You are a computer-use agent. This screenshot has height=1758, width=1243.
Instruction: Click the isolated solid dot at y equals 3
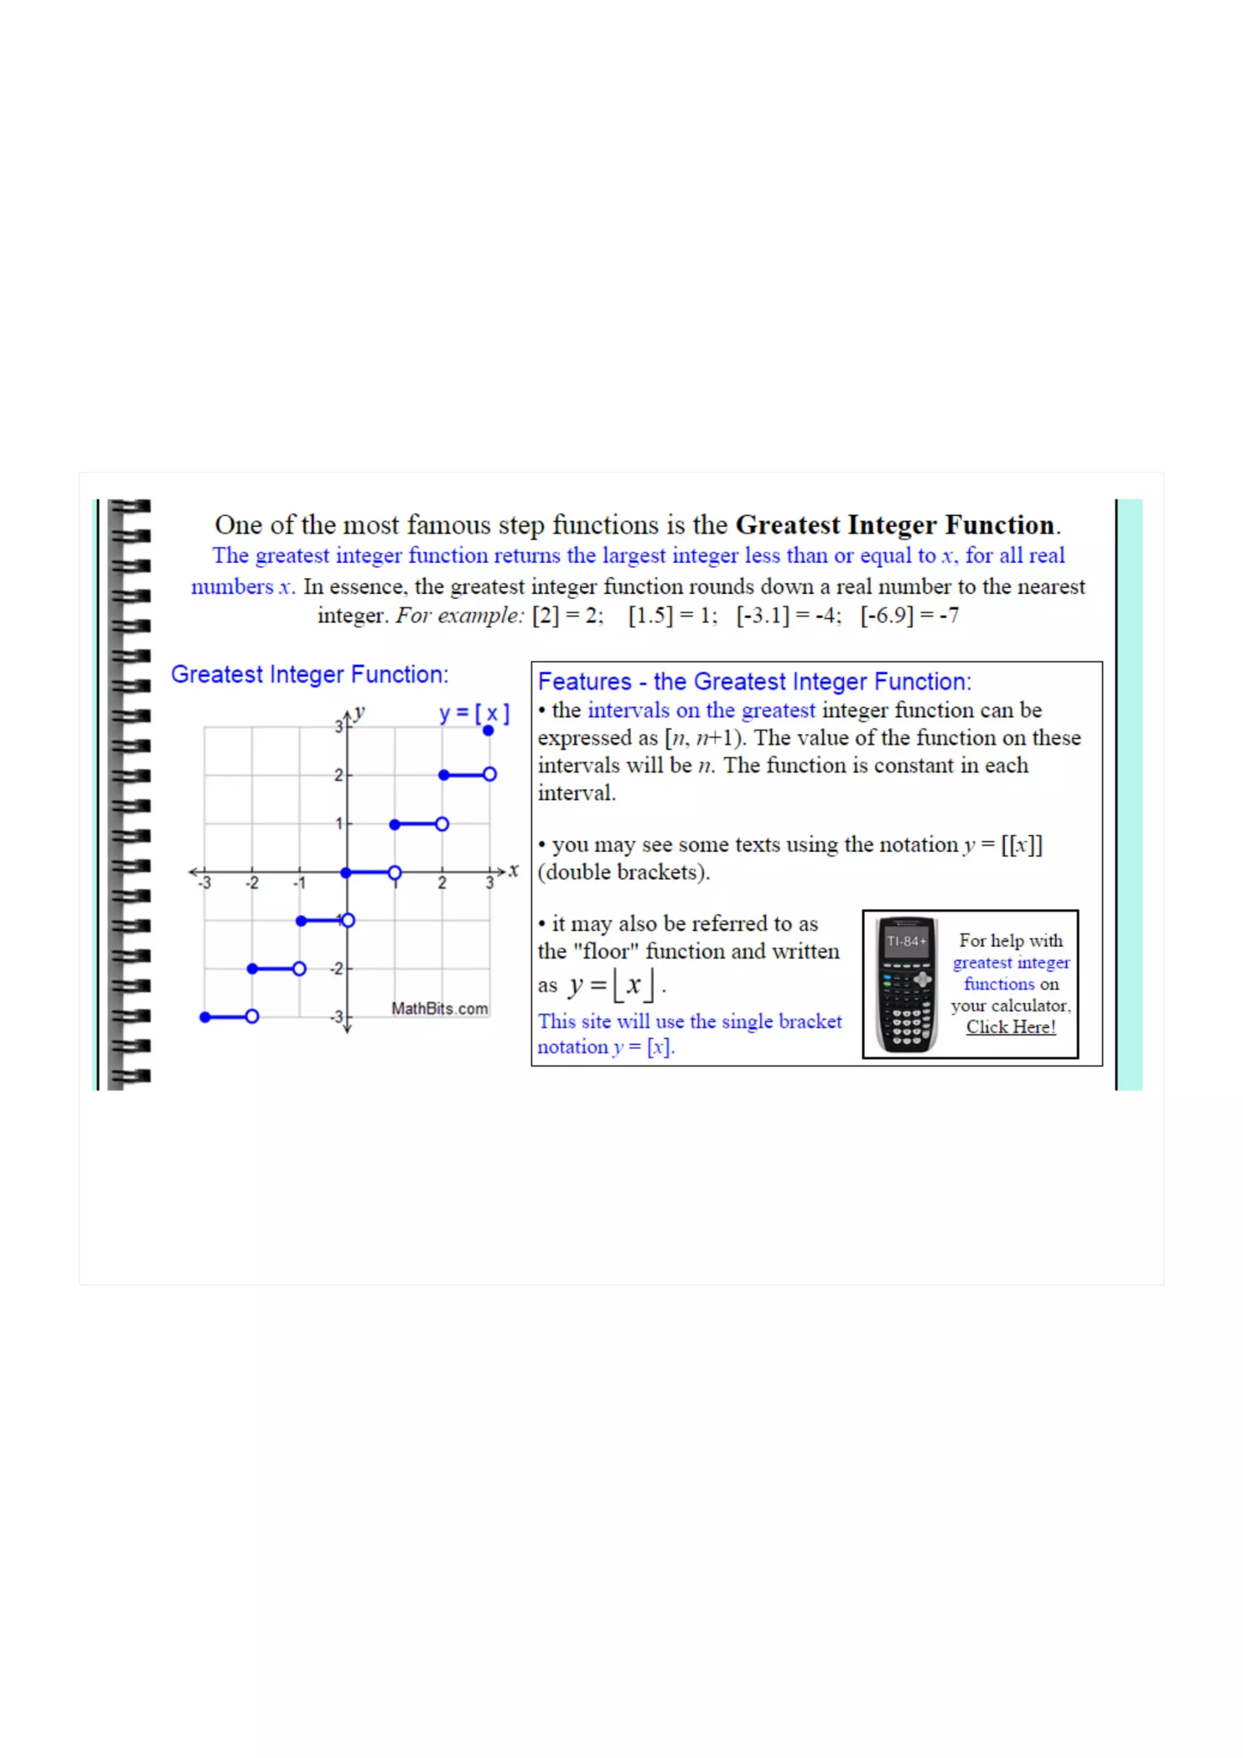(x=488, y=730)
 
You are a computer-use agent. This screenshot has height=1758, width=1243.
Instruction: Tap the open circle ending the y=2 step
(x=489, y=774)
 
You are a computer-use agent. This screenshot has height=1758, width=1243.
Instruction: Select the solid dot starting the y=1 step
(x=395, y=824)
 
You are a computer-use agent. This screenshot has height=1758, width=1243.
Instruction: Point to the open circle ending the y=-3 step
(x=252, y=1016)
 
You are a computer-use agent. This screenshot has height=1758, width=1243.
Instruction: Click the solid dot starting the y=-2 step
(x=252, y=969)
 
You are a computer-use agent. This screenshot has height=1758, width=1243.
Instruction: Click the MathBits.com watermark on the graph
(x=439, y=1008)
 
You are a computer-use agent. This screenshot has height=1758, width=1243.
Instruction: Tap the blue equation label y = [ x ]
(x=474, y=713)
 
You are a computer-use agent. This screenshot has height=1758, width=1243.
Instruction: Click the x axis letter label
(x=513, y=870)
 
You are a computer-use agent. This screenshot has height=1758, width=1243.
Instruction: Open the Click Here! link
(x=1010, y=1027)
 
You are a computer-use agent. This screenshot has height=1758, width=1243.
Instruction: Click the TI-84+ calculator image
(x=906, y=984)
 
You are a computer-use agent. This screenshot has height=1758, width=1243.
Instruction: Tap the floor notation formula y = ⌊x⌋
(x=612, y=985)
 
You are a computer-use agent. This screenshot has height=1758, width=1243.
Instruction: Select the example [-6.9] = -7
(x=909, y=616)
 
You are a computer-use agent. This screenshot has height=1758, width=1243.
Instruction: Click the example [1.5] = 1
(x=672, y=616)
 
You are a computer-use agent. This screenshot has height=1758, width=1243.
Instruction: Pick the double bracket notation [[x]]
(x=1021, y=844)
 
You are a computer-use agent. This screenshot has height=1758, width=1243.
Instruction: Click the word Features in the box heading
(x=584, y=681)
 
